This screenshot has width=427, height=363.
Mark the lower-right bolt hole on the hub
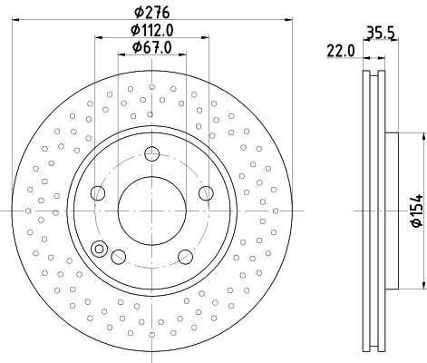pos(186,257)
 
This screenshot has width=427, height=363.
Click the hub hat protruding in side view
pos(393,209)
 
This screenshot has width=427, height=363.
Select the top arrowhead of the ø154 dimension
pos(422,137)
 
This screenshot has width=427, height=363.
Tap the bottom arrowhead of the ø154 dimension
pos(422,280)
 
